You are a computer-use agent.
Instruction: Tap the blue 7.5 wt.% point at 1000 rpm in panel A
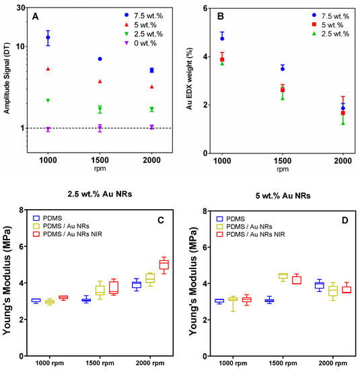(x=48, y=38)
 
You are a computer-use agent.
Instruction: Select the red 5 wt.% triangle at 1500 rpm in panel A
(x=100, y=81)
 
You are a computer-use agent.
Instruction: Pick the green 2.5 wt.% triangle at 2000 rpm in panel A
(x=151, y=109)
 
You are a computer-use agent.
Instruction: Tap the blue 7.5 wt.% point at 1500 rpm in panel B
(x=283, y=68)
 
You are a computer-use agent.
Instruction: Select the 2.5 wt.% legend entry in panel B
(x=320, y=33)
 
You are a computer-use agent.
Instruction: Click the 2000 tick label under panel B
(x=343, y=163)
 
